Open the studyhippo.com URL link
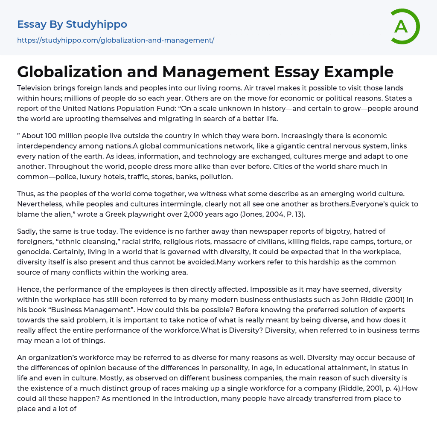pyautogui.click(x=115, y=41)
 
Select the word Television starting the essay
pyautogui.click(x=36, y=88)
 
